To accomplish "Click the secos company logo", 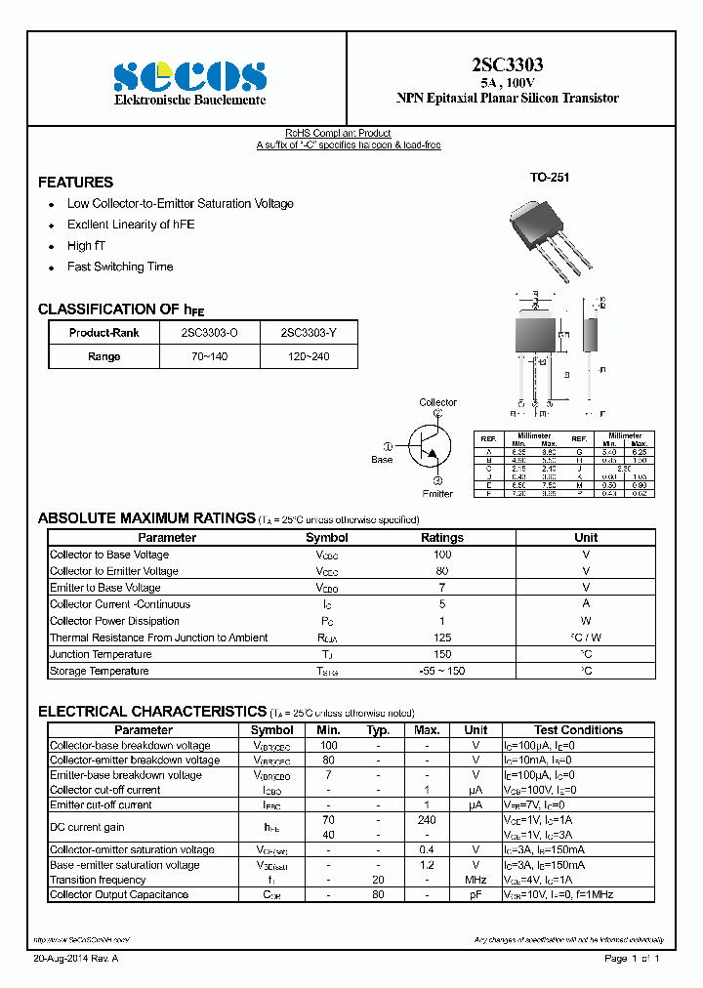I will [189, 76].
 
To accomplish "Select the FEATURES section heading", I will [75, 183].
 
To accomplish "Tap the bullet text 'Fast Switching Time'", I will [120, 267].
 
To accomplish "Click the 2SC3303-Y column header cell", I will [309, 333].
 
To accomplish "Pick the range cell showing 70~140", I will [209, 356].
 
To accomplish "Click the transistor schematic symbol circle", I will [431, 446].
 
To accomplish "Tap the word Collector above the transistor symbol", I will [437, 402].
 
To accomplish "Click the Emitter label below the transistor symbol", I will [437, 493].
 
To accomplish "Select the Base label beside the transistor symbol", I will [382, 459].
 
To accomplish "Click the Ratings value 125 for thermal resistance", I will [441, 638].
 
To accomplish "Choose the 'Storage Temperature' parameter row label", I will [100, 671].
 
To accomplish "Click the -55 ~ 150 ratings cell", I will [441, 671].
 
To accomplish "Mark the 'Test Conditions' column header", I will [578, 730].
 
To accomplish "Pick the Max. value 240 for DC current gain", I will [427, 821].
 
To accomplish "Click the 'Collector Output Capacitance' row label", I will [119, 894].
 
